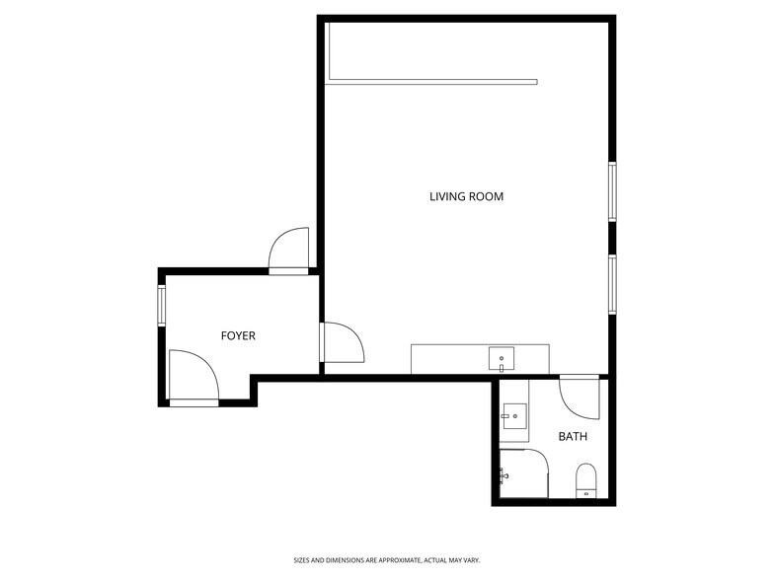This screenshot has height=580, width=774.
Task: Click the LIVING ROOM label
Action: tap(466, 196)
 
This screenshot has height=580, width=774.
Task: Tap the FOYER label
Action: tap(238, 335)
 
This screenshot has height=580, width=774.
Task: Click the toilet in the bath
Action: tap(585, 480)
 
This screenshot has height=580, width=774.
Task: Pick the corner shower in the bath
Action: tap(523, 473)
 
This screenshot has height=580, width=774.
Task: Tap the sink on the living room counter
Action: tap(502, 358)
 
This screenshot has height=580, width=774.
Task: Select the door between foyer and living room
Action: tap(343, 342)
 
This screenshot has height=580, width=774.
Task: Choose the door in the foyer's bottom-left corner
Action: tap(193, 377)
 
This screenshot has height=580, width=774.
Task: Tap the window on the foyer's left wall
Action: tap(161, 305)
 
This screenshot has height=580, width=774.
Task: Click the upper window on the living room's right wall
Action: tap(612, 191)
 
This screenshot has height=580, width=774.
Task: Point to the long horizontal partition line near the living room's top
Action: tap(431, 82)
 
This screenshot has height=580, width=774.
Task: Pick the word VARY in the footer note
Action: tap(471, 559)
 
